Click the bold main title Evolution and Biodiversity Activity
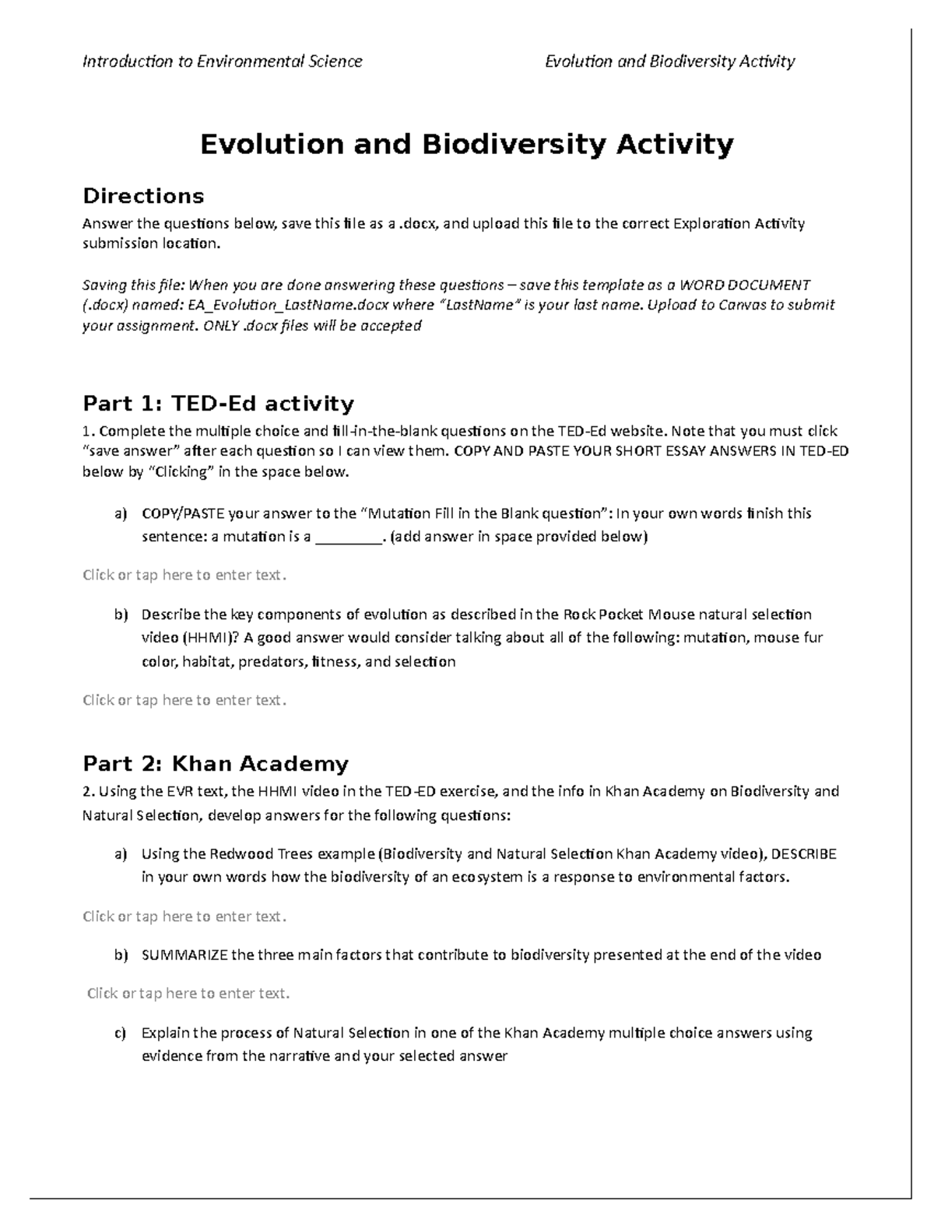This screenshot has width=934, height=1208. point(466,145)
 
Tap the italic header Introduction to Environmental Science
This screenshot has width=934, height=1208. point(223,61)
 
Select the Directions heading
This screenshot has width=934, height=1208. point(143,195)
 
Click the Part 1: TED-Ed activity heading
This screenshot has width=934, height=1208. point(218,404)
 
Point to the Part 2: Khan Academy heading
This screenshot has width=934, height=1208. point(216,764)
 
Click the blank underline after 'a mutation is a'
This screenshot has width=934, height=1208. point(348,537)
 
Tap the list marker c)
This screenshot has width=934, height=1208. point(119,1034)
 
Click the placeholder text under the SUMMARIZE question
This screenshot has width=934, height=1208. point(188,993)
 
